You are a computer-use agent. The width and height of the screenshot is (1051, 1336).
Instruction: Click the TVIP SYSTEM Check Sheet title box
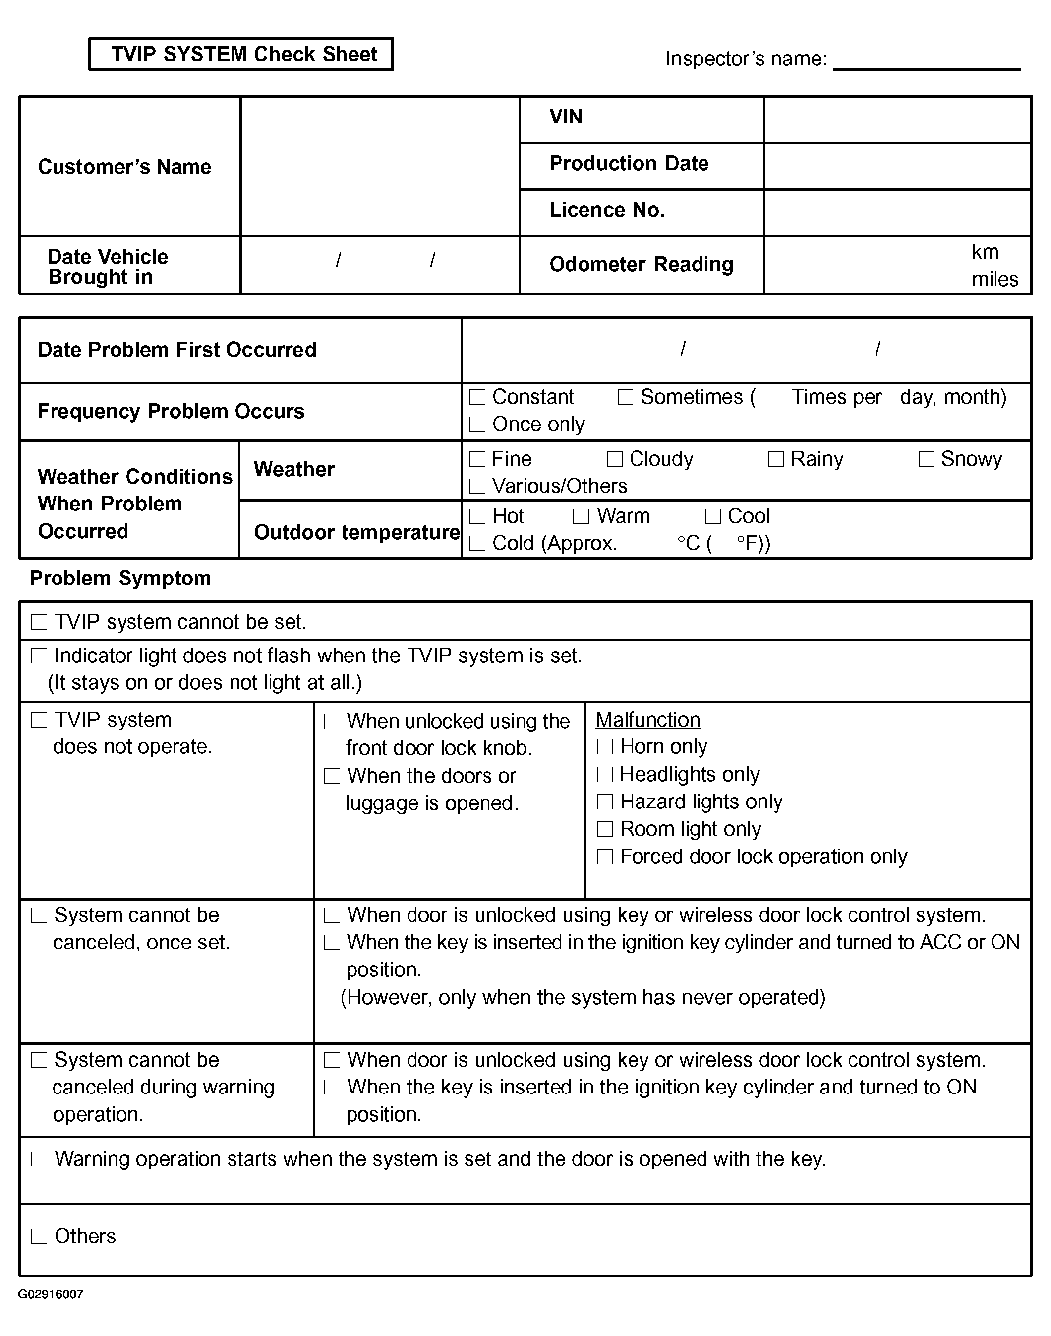[x=240, y=54]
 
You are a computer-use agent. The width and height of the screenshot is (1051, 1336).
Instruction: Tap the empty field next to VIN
[x=897, y=120]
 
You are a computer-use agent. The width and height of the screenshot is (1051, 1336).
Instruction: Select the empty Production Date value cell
[x=897, y=166]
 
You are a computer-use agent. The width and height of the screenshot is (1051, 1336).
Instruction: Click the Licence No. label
[x=607, y=210]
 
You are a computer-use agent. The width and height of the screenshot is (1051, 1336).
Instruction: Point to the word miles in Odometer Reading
[x=994, y=279]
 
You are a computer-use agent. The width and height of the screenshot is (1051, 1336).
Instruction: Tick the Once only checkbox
[x=477, y=425]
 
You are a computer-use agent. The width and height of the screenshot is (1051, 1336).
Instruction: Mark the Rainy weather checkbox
[x=776, y=459]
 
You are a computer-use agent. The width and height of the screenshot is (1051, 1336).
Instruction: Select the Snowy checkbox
[x=926, y=459]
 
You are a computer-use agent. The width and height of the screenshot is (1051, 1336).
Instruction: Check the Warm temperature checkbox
[x=581, y=516]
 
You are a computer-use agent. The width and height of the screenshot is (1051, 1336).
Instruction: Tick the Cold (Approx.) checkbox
[x=477, y=544]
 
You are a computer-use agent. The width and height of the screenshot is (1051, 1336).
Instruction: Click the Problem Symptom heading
[x=120, y=578]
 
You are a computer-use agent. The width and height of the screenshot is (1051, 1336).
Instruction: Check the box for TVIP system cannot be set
[x=39, y=622]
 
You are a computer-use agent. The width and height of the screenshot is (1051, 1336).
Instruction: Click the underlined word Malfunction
[x=647, y=720]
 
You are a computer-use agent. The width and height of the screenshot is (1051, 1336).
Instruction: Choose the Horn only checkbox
[x=605, y=747]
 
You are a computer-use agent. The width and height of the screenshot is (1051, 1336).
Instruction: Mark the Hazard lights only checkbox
[x=605, y=802]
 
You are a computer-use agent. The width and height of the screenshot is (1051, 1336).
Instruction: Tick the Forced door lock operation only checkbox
[x=605, y=856]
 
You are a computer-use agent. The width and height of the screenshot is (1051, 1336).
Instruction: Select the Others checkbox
[x=39, y=1236]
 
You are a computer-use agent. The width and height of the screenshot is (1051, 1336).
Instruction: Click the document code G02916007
[x=51, y=1295]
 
